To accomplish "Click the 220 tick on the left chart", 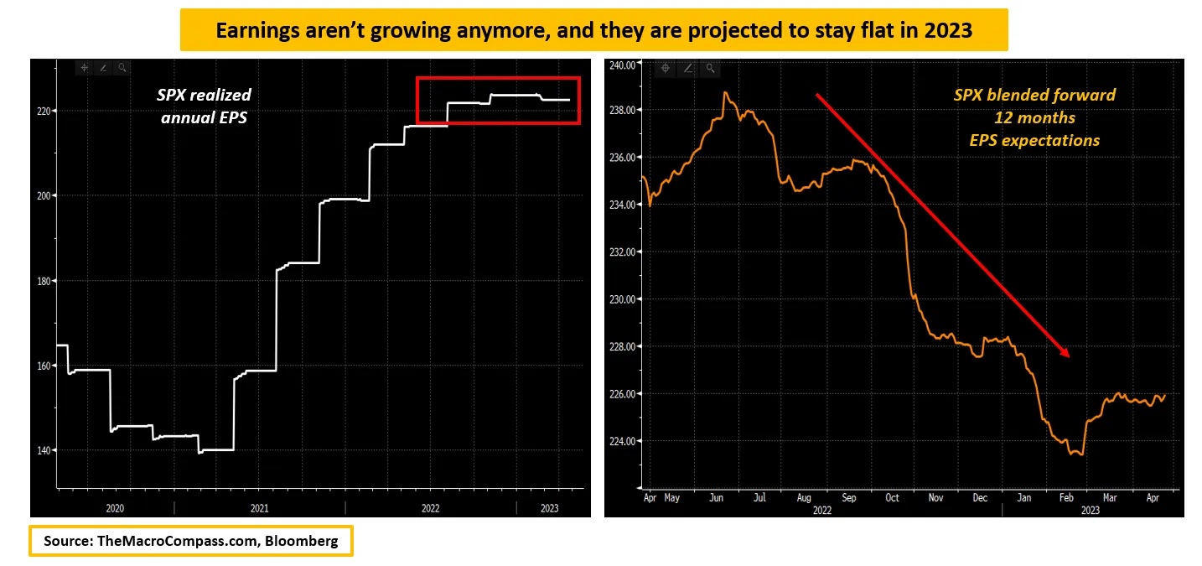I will pyautogui.click(x=43, y=111).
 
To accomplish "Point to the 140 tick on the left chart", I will pyautogui.click(x=43, y=450).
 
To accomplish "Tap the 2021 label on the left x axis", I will pyautogui.click(x=259, y=508).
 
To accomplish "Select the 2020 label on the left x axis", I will pyautogui.click(x=115, y=508).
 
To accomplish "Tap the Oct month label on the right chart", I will pyautogui.click(x=892, y=497).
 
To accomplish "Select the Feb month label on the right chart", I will pyautogui.click(x=1067, y=497).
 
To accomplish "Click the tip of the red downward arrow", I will pyautogui.click(x=1070, y=357).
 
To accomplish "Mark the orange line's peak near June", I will pyautogui.click(x=724, y=92).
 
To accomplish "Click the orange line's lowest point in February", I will pyautogui.click(x=1082, y=454).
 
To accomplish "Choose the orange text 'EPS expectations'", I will pyautogui.click(x=1034, y=140).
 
